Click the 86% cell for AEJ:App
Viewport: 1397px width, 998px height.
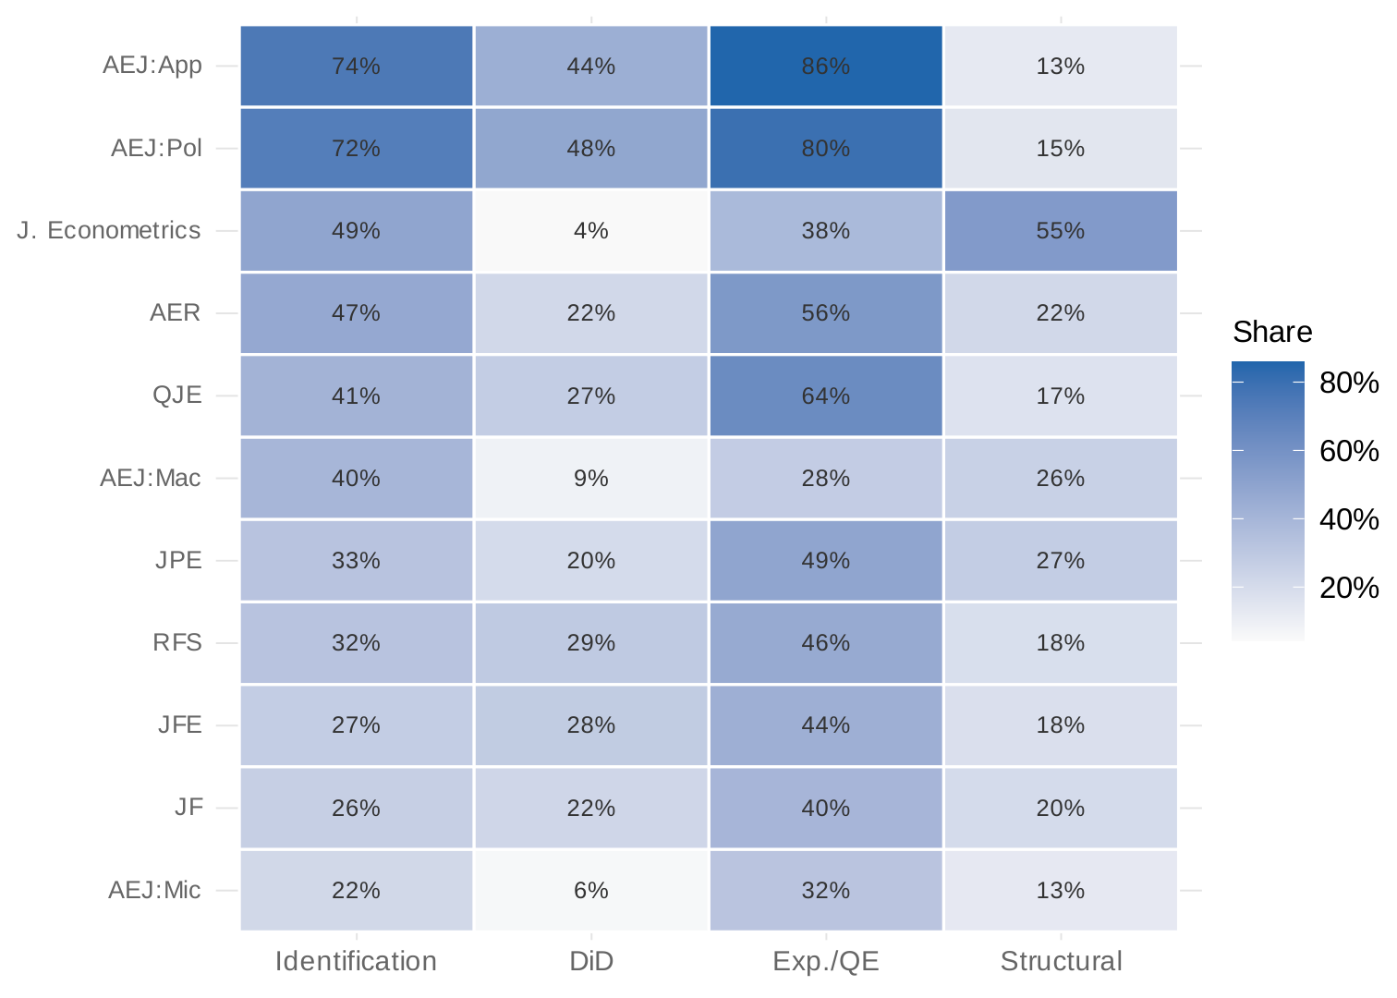pos(825,66)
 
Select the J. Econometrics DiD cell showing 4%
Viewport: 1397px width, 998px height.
pos(591,230)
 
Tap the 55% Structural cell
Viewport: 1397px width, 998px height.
pos(1060,230)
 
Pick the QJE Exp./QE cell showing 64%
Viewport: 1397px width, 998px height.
pos(825,396)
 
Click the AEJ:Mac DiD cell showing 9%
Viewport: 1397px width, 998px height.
pos(591,478)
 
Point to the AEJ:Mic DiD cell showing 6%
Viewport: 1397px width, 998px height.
pos(591,890)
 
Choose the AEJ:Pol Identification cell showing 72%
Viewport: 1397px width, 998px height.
pos(357,148)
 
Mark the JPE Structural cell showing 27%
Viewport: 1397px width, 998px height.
pos(1060,560)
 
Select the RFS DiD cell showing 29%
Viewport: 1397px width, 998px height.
pos(591,642)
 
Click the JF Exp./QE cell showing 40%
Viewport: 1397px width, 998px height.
pos(825,808)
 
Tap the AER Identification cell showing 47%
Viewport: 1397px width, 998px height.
pos(357,312)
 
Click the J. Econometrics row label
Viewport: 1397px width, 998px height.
pos(109,230)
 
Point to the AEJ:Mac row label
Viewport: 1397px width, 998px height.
pos(151,478)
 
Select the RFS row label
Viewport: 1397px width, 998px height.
pos(177,642)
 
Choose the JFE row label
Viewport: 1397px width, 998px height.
pos(180,724)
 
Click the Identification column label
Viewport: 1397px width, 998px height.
pos(357,961)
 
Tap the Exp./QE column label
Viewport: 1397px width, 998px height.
pos(825,961)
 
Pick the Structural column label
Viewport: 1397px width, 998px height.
pos(1061,961)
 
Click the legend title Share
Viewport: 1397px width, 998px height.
pos(1272,332)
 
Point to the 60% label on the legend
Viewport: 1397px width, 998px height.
pos(1349,451)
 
